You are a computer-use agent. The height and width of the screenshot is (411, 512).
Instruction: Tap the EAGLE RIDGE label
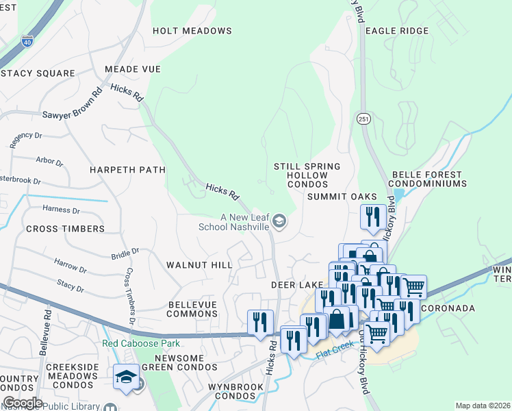pyautogui.click(x=397, y=31)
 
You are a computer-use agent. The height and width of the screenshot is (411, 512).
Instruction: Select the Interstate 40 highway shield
pyautogui.click(x=27, y=41)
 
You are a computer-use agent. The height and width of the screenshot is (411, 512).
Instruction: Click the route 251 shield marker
pyautogui.click(x=362, y=119)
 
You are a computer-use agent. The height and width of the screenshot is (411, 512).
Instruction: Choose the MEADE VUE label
pyautogui.click(x=133, y=70)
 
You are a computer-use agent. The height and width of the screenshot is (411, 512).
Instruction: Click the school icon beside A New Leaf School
pyautogui.click(x=279, y=221)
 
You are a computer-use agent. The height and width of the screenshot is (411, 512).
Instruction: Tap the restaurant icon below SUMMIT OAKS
pyautogui.click(x=371, y=218)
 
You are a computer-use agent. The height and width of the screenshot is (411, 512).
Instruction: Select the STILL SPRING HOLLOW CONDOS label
pyautogui.click(x=307, y=176)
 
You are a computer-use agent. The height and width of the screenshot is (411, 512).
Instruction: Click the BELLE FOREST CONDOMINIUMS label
pyautogui.click(x=428, y=179)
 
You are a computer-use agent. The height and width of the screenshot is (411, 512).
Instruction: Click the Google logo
pyautogui.click(x=23, y=402)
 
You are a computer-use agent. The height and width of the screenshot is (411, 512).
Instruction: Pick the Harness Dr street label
pyautogui.click(x=61, y=210)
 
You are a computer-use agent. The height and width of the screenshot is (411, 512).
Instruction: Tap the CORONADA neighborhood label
pyautogui.click(x=448, y=308)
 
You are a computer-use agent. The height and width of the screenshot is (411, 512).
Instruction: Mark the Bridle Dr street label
pyautogui.click(x=125, y=253)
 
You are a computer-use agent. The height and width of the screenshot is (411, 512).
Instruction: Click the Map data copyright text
pyautogui.click(x=482, y=406)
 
